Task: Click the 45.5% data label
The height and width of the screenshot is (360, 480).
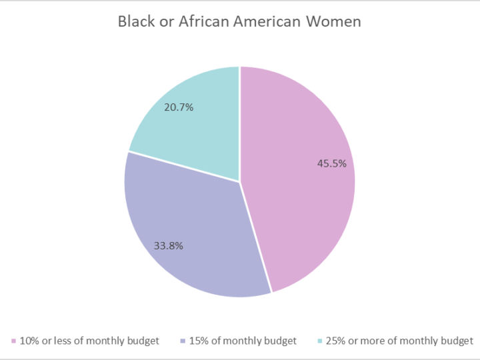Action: click(x=331, y=163)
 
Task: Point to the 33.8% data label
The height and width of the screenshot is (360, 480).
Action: click(x=169, y=245)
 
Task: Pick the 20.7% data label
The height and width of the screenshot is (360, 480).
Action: click(x=179, y=107)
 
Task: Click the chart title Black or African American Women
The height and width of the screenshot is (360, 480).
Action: click(x=239, y=21)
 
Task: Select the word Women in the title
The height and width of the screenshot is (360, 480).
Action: click(x=334, y=21)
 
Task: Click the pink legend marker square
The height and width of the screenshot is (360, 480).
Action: click(x=13, y=341)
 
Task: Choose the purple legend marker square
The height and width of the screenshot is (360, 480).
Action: click(x=183, y=341)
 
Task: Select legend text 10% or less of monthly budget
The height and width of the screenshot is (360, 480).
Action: click(x=89, y=341)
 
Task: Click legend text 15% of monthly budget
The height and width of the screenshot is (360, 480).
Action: click(x=243, y=341)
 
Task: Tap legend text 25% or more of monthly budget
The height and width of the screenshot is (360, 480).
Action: click(x=400, y=341)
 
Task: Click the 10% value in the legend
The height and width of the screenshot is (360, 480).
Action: click(x=29, y=341)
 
